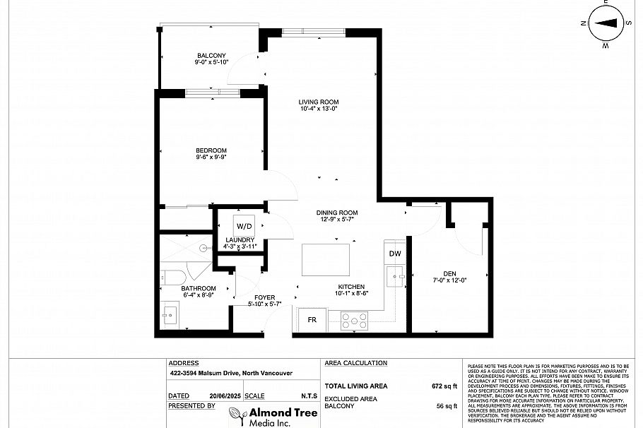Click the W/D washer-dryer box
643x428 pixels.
[x=244, y=227]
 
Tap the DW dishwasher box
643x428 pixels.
[x=395, y=254]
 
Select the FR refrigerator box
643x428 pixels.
[x=312, y=319]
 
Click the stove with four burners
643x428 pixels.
[x=355, y=321]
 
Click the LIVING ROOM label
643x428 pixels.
[x=319, y=102]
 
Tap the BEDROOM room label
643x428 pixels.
[x=211, y=150]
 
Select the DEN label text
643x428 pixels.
[x=449, y=274]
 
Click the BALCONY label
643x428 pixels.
[x=211, y=56]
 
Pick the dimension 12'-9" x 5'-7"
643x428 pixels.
[x=336, y=220]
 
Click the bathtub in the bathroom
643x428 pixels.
[x=174, y=278]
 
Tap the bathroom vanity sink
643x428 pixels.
[x=170, y=314]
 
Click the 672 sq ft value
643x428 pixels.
[x=445, y=386]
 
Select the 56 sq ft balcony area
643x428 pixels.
[x=447, y=406]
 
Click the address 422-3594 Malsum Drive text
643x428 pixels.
[x=231, y=374]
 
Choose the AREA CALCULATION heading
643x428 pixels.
[x=355, y=363]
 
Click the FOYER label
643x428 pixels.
[x=265, y=297]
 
